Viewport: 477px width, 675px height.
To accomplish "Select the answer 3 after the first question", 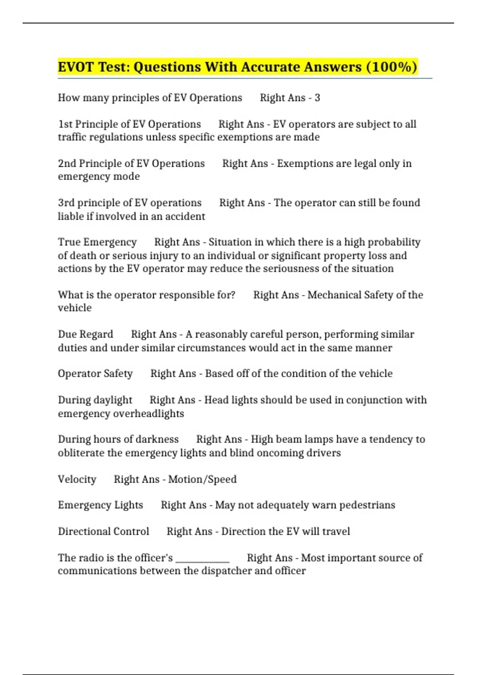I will pos(317,98).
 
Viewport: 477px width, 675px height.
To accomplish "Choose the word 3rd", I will pos(66,203).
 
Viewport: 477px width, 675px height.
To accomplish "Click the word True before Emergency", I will pos(70,242).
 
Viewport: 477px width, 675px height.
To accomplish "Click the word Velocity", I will pos(77,479).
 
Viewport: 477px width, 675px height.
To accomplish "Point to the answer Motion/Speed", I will pos(202,479).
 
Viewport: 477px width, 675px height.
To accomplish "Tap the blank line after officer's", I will pos(202,559).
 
